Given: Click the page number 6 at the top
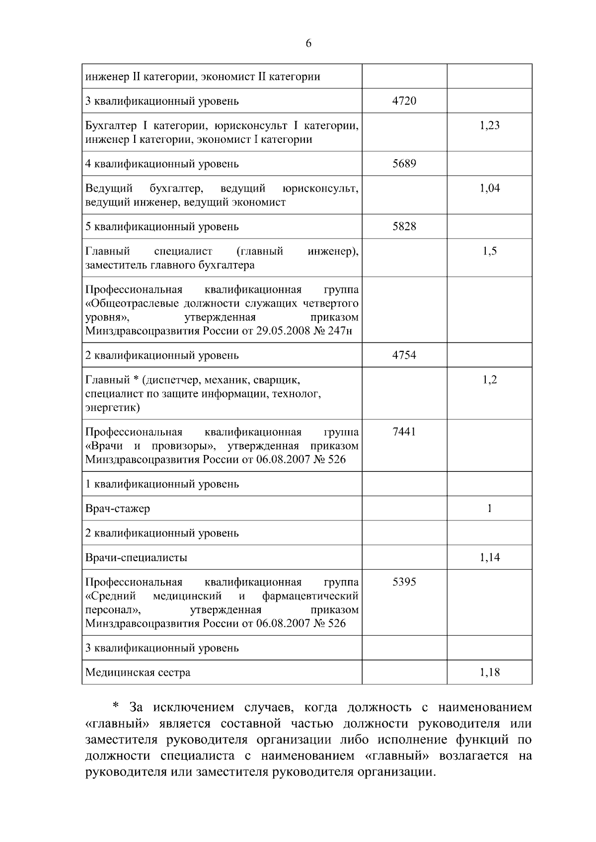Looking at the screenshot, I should (x=308, y=44).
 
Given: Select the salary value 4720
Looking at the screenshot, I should (x=404, y=101).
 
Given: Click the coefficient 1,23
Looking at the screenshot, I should (x=489, y=125).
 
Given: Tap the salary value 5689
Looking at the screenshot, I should (x=404, y=164).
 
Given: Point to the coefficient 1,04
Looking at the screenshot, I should (x=489, y=188).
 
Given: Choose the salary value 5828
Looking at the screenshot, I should (x=404, y=227).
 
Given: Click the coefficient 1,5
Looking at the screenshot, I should (x=489, y=251).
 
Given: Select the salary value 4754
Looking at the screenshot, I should (x=404, y=355).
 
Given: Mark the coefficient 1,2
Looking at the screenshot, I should (x=489, y=380).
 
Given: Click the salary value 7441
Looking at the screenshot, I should (x=404, y=432).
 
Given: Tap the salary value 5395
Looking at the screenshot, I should (x=404, y=582).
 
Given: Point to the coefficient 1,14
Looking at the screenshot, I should (x=489, y=558).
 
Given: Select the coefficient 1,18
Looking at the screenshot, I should (x=489, y=673).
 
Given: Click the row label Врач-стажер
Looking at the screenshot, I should (x=118, y=509).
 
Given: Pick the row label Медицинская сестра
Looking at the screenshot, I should (x=138, y=673).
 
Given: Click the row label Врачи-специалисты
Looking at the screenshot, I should (x=136, y=558).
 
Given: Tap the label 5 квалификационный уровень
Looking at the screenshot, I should (x=162, y=227).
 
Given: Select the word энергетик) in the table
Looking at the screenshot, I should (x=113, y=408).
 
